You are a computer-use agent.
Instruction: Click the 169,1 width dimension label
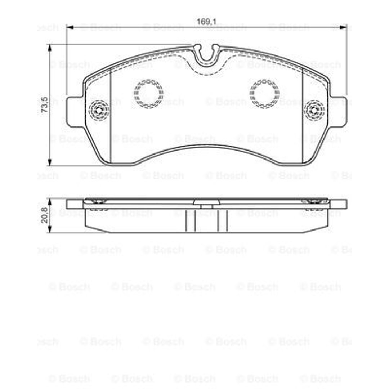(206, 22)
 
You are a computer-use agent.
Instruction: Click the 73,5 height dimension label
(45, 105)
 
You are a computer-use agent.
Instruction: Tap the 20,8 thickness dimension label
(45, 215)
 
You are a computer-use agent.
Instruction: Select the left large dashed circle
(149, 94)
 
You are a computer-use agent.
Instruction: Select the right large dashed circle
(264, 94)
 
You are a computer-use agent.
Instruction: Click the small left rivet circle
(99, 111)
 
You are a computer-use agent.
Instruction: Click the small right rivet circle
(314, 111)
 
